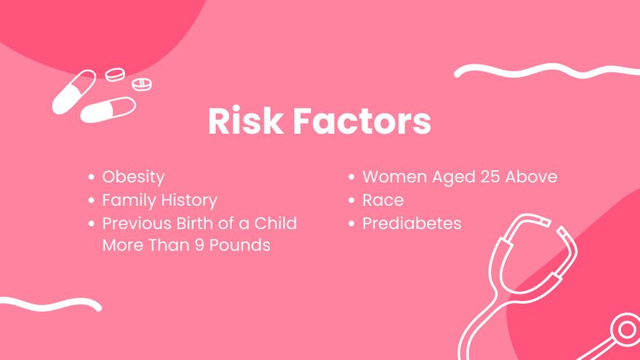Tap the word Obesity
[x=133, y=177]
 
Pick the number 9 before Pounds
[x=199, y=245]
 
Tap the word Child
[x=275, y=223]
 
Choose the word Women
[x=393, y=177]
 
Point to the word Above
[x=532, y=177]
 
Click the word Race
[x=383, y=200]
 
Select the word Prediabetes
[x=412, y=223]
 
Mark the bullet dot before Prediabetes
[x=351, y=223]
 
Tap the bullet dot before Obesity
[x=91, y=177]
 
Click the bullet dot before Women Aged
[x=351, y=177]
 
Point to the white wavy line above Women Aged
[x=545, y=71]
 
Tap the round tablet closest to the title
[x=143, y=84]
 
